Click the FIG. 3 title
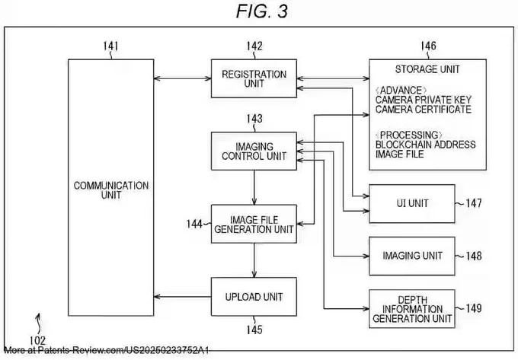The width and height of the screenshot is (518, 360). click(x=262, y=11)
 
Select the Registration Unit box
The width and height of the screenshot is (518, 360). click(x=254, y=78)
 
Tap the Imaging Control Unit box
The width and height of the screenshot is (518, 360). click(x=254, y=151)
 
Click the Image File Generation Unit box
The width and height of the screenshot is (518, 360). click(x=254, y=224)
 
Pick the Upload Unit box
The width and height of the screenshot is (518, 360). click(x=254, y=297)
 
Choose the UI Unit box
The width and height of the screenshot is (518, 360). click(x=412, y=203)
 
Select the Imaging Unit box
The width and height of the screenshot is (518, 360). click(x=412, y=256)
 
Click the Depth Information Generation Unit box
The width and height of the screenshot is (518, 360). click(x=412, y=309)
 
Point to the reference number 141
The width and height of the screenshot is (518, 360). click(x=110, y=46)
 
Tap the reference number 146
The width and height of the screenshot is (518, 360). click(x=428, y=46)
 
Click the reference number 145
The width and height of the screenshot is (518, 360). click(x=254, y=330)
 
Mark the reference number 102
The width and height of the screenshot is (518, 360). click(x=37, y=340)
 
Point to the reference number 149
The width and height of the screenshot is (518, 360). click(x=474, y=308)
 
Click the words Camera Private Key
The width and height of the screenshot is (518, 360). click(x=424, y=100)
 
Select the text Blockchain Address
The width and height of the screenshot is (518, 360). click(x=426, y=145)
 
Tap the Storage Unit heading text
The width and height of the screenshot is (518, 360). click(x=427, y=69)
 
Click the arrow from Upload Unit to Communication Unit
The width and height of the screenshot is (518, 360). click(x=182, y=297)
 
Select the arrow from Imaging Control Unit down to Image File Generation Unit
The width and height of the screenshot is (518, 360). click(x=254, y=187)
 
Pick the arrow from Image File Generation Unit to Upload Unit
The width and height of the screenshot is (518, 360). click(x=254, y=260)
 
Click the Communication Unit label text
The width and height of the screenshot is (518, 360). click(x=111, y=190)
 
